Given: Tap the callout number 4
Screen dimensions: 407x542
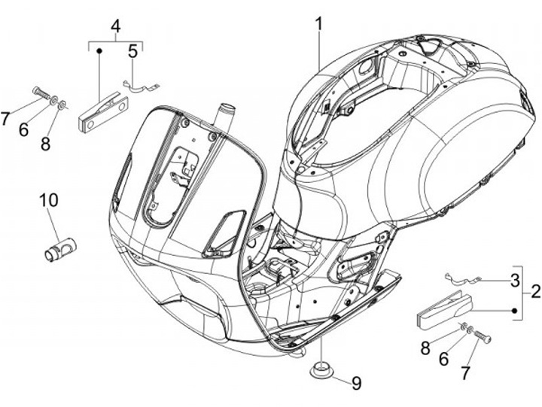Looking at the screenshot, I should coord(115,27).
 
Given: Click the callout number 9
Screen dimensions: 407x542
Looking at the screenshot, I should coord(356,383).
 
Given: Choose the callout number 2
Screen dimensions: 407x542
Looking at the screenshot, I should coord(535,291).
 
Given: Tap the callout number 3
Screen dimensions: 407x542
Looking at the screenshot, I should coord(515,281).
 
